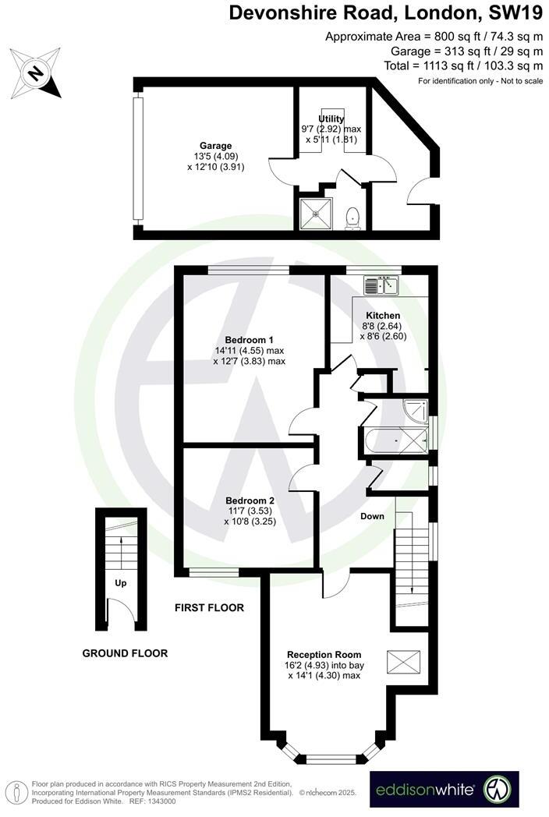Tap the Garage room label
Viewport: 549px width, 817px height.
click(x=215, y=146)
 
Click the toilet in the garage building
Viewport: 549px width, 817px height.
click(x=353, y=216)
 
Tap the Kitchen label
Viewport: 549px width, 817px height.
click(x=383, y=316)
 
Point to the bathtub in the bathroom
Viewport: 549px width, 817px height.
click(x=396, y=441)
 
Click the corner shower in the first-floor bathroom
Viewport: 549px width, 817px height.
click(x=416, y=408)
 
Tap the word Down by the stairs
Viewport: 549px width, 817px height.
click(x=373, y=517)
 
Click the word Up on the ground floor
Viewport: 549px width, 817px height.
click(x=121, y=582)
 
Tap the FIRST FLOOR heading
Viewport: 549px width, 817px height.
click(x=209, y=607)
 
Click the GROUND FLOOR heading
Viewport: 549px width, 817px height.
click(x=125, y=653)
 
